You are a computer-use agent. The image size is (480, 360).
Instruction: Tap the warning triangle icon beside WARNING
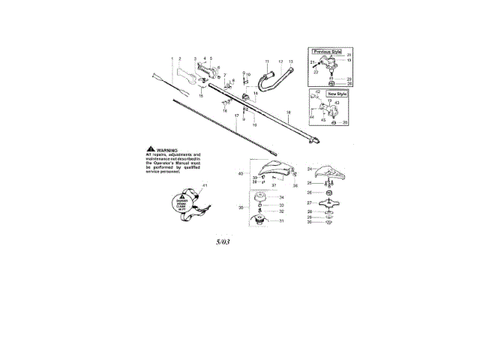(x=151, y=150)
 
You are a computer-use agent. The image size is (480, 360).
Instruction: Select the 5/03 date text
(x=223, y=242)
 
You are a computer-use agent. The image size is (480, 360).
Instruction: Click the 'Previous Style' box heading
(x=327, y=52)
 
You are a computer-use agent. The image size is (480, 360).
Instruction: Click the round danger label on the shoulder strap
(x=182, y=202)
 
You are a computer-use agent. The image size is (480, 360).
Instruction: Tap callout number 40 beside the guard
(x=241, y=174)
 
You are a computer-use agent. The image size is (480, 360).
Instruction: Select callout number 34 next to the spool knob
(x=281, y=197)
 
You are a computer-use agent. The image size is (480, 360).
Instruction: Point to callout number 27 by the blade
(x=309, y=202)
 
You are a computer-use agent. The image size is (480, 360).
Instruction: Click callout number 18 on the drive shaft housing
(x=288, y=112)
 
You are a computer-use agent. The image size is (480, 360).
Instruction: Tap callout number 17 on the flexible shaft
(x=236, y=117)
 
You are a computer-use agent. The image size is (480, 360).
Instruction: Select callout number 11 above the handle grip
(x=265, y=60)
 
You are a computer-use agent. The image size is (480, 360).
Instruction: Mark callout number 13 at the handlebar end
(x=291, y=61)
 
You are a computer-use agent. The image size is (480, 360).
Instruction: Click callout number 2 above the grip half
(x=180, y=58)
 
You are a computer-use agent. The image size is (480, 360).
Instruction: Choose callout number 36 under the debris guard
(x=295, y=184)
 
